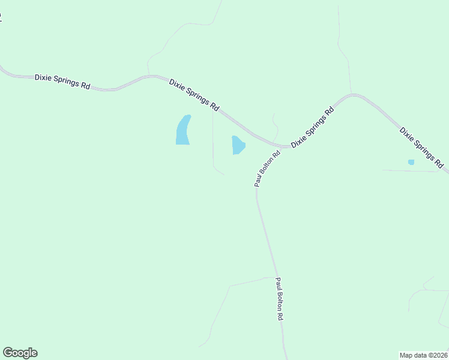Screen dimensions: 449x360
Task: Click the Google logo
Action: tap(20, 353)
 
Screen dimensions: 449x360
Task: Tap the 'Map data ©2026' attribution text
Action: tap(424, 355)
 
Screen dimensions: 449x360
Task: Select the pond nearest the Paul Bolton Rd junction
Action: tap(238, 145)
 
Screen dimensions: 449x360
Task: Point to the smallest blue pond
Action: tap(411, 162)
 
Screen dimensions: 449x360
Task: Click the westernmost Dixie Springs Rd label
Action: tap(62, 82)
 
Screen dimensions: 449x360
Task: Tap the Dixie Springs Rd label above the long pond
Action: tap(194, 94)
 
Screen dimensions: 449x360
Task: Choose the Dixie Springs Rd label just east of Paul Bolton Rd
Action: tap(312, 128)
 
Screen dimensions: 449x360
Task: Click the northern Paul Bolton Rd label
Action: tap(267, 169)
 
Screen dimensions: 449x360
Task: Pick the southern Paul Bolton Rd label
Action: tap(279, 299)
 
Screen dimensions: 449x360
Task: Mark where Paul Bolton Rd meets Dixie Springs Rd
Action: tap(281, 147)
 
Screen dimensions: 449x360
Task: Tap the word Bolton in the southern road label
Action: tap(279, 301)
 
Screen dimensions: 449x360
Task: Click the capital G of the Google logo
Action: tap(8, 353)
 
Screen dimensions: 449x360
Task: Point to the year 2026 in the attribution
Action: tap(439, 355)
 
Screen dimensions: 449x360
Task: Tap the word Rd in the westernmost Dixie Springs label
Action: tap(85, 86)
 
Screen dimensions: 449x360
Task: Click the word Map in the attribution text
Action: tap(406, 355)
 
